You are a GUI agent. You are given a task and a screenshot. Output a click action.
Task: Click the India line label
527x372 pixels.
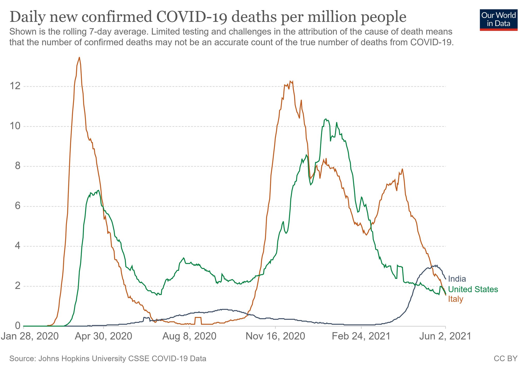(457, 279)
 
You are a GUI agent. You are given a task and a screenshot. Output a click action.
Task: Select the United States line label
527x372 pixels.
(473, 289)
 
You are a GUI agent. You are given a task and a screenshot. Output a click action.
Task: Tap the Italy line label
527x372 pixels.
(455, 299)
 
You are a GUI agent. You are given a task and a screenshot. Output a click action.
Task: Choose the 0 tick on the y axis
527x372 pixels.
(17, 326)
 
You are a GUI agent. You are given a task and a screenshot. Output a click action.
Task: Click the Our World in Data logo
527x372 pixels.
(498, 20)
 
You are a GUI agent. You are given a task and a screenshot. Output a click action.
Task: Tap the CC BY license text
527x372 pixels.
(505, 359)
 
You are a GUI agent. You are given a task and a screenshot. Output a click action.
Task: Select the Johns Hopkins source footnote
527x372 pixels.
(108, 359)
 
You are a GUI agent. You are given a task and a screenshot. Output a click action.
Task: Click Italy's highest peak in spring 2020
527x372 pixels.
(79, 57)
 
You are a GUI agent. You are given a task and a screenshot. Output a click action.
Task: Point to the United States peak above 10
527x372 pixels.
(326, 119)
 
